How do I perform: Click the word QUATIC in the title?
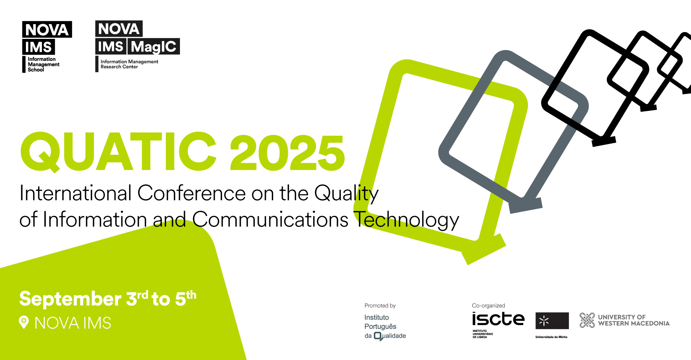click(x=119, y=152)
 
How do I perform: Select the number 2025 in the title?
click(x=287, y=153)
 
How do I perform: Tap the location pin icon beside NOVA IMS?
click(x=24, y=322)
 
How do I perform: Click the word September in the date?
click(x=70, y=299)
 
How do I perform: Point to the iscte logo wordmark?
click(x=498, y=319)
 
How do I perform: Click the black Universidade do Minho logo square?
click(x=552, y=321)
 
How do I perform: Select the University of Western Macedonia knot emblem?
click(x=587, y=320)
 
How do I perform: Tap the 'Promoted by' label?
click(x=380, y=306)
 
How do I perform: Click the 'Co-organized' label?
click(x=488, y=306)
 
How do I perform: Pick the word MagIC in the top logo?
click(x=154, y=47)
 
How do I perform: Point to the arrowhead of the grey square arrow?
click(x=526, y=206)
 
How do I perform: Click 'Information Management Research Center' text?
click(x=129, y=64)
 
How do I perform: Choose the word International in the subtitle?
click(x=76, y=193)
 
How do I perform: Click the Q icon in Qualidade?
click(x=378, y=336)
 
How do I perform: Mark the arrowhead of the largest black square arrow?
click(x=604, y=140)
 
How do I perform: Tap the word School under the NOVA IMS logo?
click(x=36, y=70)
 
